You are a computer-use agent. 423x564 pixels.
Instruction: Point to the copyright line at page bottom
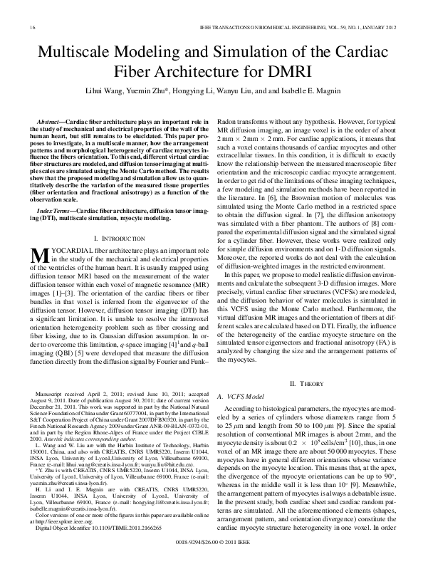click(211, 541)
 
